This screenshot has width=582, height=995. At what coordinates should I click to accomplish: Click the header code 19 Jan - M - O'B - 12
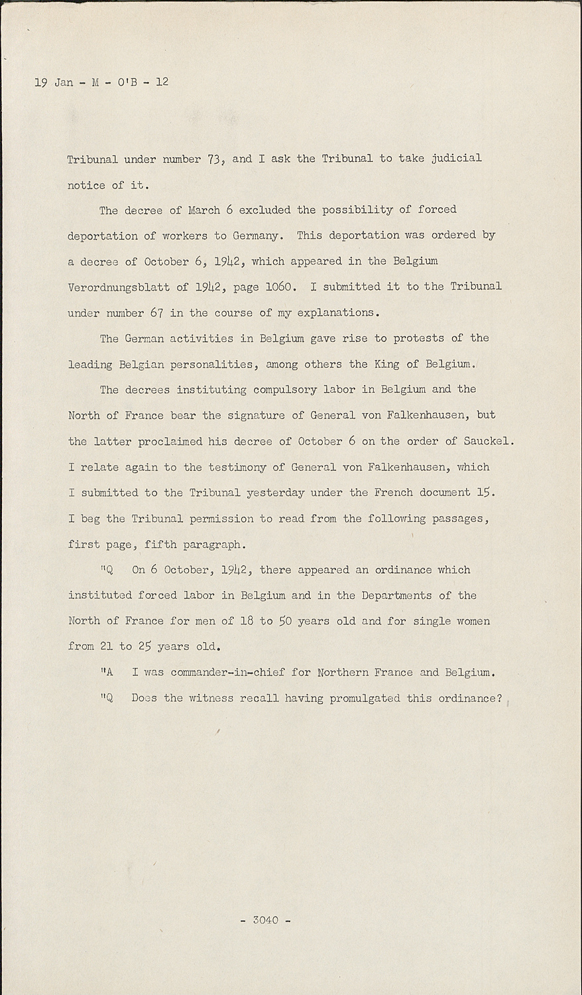point(101,82)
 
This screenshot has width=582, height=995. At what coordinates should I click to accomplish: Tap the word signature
point(253,415)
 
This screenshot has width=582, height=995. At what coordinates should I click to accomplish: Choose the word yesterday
point(275,493)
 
